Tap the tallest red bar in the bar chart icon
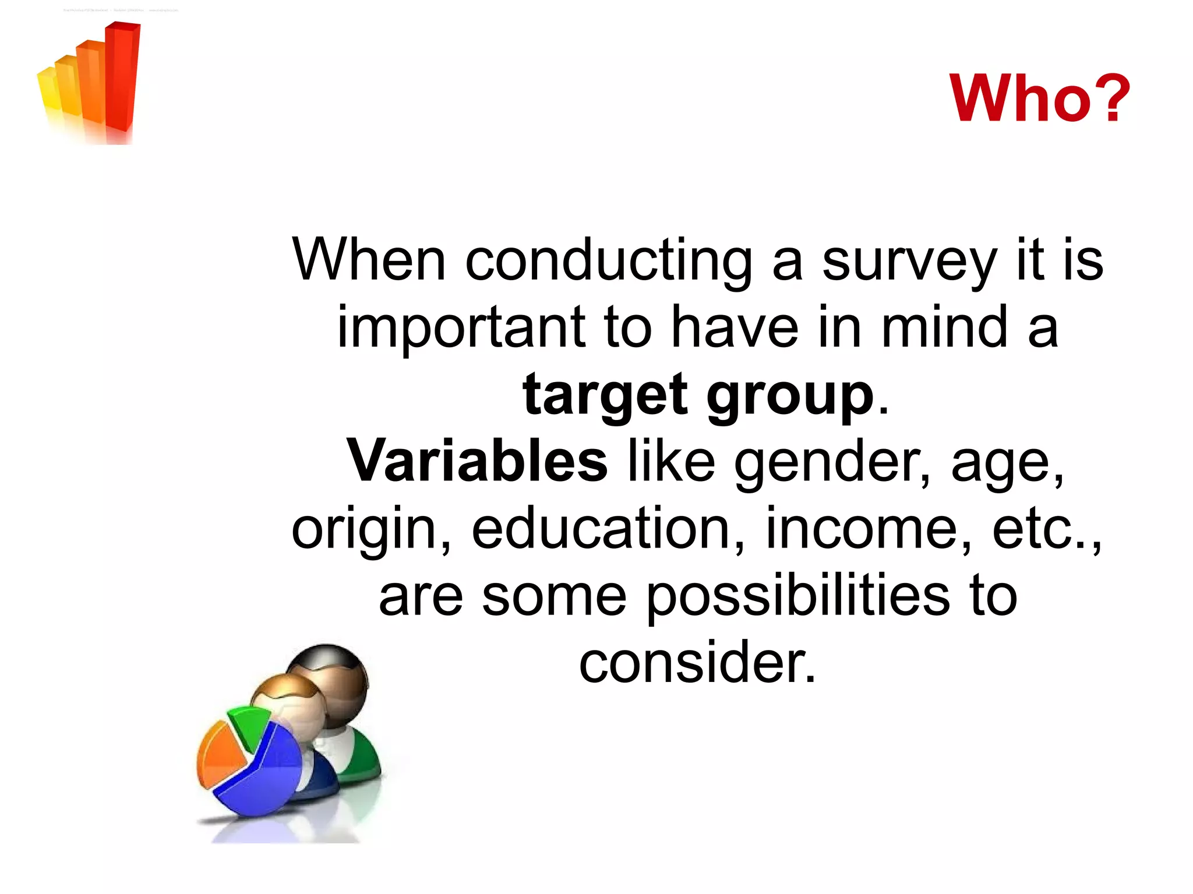click(123, 76)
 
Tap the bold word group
click(790, 396)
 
